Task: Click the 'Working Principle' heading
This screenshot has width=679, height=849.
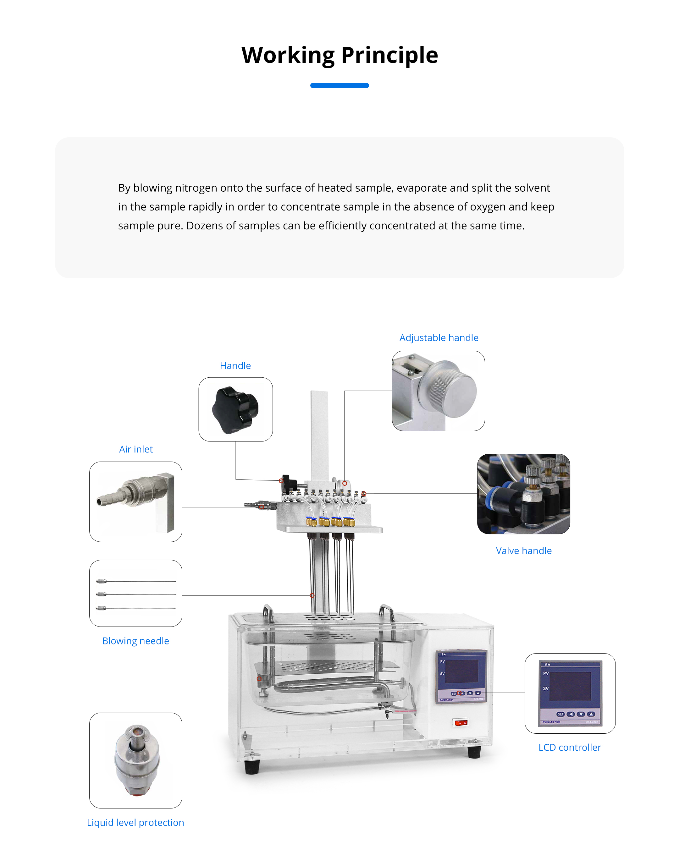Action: (x=339, y=55)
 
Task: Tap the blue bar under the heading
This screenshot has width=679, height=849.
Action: (x=339, y=85)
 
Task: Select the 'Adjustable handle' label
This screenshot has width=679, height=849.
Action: (x=439, y=337)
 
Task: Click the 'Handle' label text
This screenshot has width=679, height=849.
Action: (x=235, y=365)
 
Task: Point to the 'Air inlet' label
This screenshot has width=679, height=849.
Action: (x=136, y=449)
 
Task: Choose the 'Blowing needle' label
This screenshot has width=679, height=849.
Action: (x=135, y=641)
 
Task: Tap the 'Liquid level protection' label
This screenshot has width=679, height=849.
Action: (x=135, y=822)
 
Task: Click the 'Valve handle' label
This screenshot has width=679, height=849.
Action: (x=523, y=550)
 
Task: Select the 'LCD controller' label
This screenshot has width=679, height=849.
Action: (x=570, y=748)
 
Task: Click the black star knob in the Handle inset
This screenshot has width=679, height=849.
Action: (x=235, y=410)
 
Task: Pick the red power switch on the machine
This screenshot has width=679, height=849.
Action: (x=461, y=723)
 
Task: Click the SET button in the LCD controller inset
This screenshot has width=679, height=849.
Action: (x=560, y=714)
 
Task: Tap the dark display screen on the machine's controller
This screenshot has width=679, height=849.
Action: (x=461, y=671)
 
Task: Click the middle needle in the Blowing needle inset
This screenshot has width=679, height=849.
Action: (x=136, y=594)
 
